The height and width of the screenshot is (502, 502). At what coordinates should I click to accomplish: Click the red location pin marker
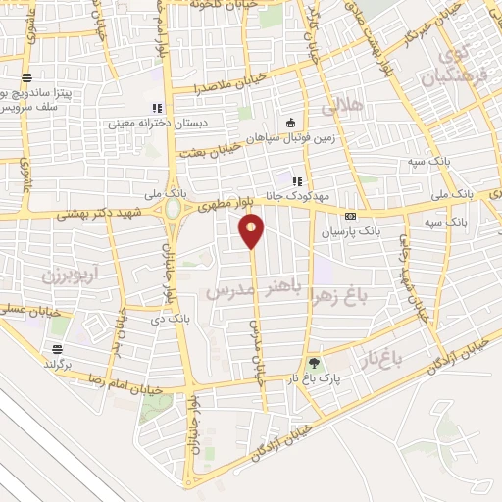[x=253, y=230]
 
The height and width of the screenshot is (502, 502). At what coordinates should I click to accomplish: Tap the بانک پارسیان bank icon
[x=350, y=216]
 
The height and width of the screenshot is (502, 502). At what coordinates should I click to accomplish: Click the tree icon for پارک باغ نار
[x=314, y=364]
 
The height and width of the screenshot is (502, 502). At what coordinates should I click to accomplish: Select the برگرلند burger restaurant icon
[x=58, y=350]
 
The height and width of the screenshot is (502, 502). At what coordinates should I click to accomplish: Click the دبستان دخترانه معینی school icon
[x=155, y=108]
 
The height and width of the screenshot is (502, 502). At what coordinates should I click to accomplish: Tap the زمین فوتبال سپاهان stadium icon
[x=290, y=123]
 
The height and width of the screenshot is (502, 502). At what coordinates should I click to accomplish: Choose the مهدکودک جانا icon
[x=297, y=180]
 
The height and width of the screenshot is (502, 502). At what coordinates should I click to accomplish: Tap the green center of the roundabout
[x=174, y=210]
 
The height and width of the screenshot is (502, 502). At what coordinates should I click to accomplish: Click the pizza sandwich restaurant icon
[x=28, y=76]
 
